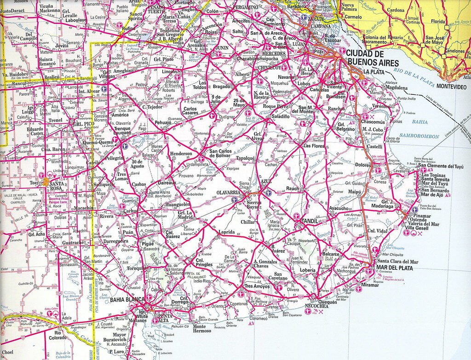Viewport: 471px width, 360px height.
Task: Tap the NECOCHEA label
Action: click(316, 306)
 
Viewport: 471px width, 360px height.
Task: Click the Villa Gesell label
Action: click(425, 228)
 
